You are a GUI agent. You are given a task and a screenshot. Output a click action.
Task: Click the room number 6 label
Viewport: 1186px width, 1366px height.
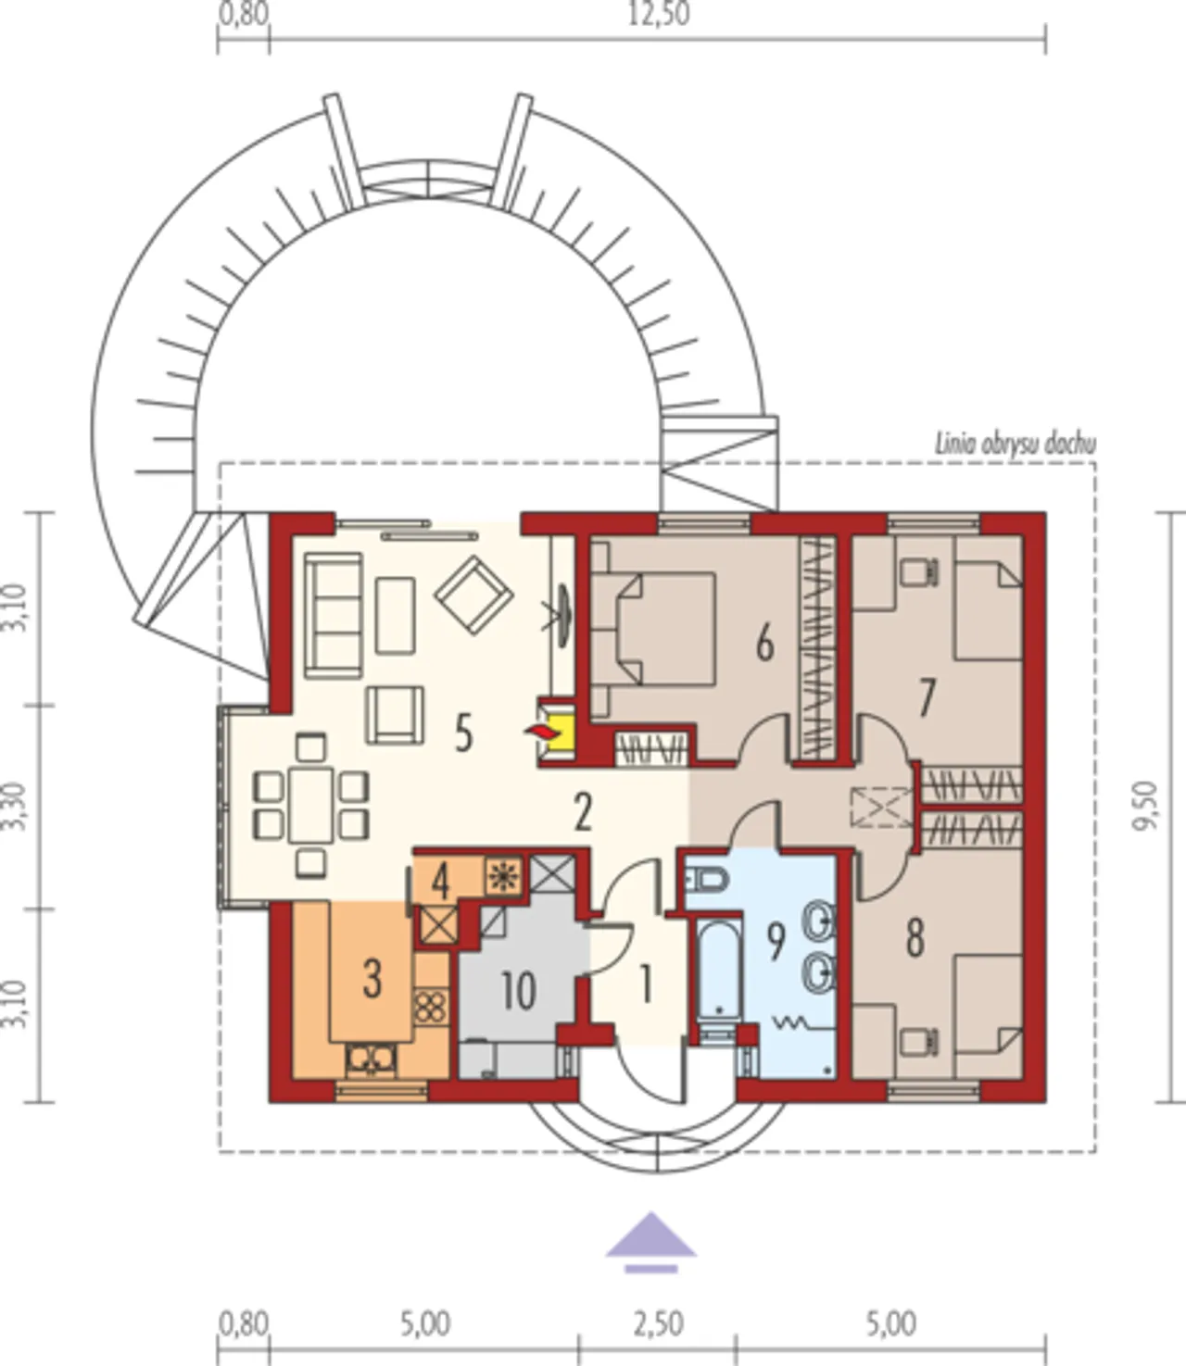click(764, 645)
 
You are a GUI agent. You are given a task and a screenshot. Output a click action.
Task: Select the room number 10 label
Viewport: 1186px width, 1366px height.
click(518, 991)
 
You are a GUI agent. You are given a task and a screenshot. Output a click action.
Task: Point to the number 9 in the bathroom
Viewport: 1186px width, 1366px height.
click(776, 942)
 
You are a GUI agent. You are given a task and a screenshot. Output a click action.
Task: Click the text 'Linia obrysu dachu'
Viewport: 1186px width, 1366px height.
click(1015, 444)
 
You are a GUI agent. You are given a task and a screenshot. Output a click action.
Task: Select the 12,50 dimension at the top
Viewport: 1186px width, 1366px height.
click(659, 14)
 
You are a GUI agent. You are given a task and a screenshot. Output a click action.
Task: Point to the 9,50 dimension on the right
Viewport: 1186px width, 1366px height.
click(1145, 806)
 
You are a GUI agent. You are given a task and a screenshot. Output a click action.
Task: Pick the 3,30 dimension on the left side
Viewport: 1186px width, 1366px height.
click(15, 807)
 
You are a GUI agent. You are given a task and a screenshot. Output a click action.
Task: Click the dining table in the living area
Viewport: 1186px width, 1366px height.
click(311, 805)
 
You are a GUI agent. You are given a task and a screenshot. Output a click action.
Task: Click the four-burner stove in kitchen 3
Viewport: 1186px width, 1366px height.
click(431, 1007)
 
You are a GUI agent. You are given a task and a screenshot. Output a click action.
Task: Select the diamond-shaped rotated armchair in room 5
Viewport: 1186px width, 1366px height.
click(473, 595)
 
